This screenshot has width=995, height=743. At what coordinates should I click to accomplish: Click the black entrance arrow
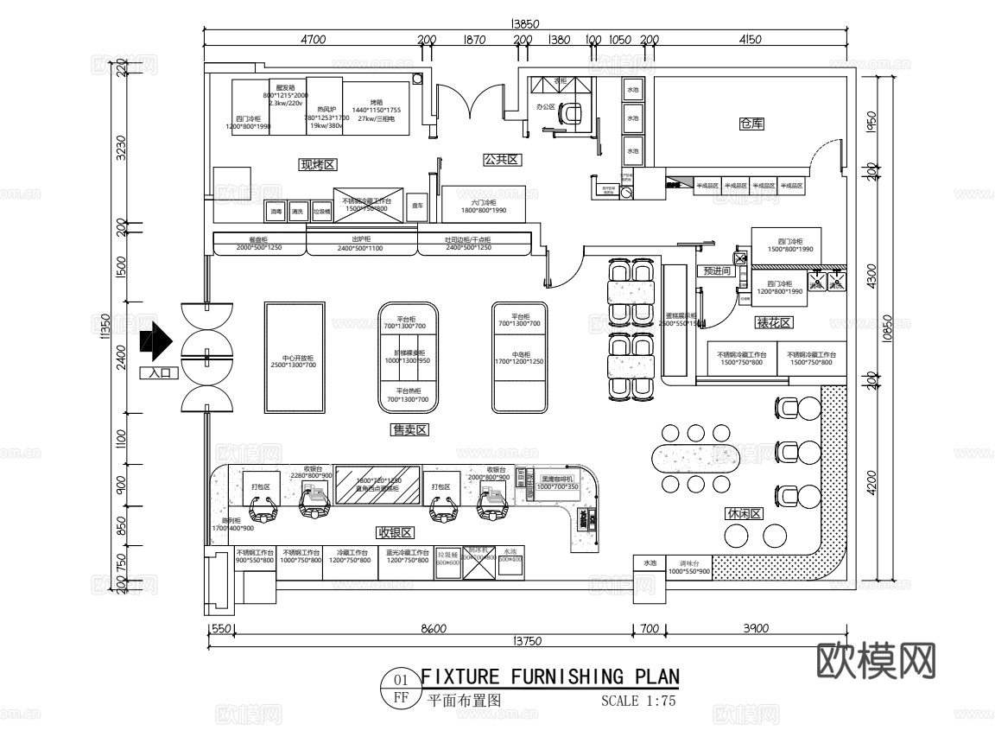(x=155, y=341)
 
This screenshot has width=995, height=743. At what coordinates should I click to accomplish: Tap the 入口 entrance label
(x=158, y=373)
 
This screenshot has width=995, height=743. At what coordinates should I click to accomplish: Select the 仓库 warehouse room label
(x=751, y=124)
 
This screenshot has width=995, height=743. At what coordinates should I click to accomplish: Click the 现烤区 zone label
(x=317, y=164)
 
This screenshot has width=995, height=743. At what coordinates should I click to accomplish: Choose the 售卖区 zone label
(x=410, y=429)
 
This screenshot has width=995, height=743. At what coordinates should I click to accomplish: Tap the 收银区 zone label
(x=395, y=532)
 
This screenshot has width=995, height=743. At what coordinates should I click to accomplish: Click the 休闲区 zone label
(x=744, y=513)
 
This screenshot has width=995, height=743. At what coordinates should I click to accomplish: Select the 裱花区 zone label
(x=773, y=323)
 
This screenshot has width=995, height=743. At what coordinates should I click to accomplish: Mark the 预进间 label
(x=717, y=270)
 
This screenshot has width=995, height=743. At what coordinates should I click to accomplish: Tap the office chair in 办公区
(x=571, y=113)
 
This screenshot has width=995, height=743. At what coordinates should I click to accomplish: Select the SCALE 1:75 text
(x=637, y=701)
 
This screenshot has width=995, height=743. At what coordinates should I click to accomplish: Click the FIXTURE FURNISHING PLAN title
(x=549, y=676)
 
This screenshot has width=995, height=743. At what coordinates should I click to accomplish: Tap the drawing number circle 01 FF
(x=401, y=689)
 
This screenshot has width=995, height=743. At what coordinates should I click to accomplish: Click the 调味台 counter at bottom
(x=688, y=567)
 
